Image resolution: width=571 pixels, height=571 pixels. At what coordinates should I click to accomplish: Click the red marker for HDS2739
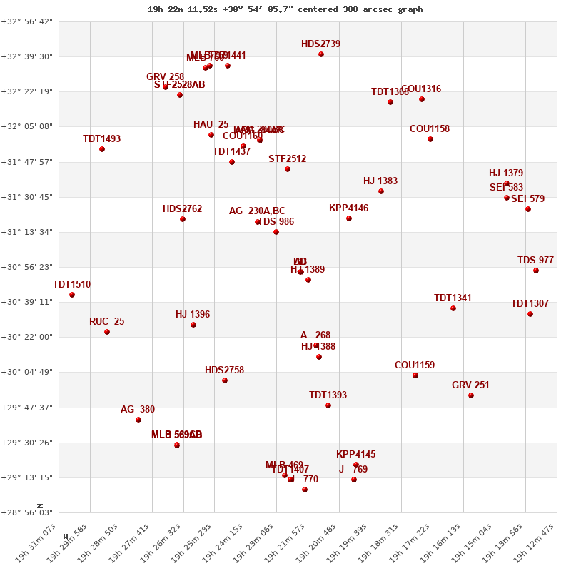[321, 54]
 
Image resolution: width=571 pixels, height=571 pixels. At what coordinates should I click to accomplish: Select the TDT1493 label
[102, 139]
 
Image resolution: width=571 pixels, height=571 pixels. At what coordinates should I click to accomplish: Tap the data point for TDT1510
[72, 295]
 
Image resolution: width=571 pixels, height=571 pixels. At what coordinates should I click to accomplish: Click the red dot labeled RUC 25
[107, 332]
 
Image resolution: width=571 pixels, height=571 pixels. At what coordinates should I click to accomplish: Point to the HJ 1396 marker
[193, 325]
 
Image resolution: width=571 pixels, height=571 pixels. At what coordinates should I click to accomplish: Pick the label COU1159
[415, 365]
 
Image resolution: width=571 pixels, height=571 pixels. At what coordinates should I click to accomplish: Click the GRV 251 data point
[471, 395]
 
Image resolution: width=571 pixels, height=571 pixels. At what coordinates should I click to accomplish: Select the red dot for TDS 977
[536, 271]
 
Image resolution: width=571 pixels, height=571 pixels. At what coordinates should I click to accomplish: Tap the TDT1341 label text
[453, 298]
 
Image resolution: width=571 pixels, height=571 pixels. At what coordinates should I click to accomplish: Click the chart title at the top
[285, 9]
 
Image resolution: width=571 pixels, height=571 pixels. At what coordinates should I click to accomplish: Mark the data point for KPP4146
[349, 218]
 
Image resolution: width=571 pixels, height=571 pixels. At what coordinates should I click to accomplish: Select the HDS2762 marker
[183, 219]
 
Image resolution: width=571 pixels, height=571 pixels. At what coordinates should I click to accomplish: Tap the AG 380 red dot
[138, 420]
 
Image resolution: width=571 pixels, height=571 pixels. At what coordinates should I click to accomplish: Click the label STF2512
[288, 159]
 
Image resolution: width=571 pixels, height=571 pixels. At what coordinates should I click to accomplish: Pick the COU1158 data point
[430, 139]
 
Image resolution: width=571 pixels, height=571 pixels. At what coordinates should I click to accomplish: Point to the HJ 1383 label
[380, 181]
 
